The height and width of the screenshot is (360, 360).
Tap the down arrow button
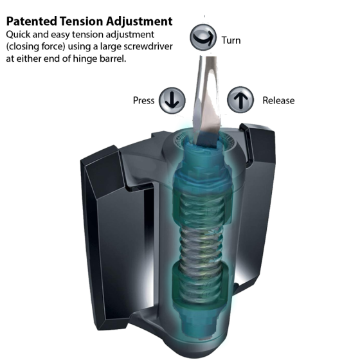coord(172,100)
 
